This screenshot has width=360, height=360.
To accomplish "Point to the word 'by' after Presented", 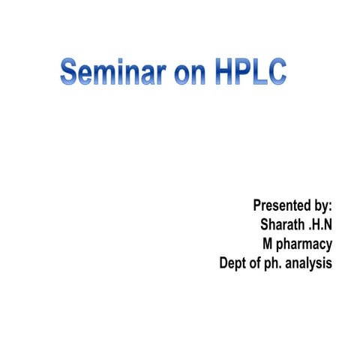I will tap(321, 205).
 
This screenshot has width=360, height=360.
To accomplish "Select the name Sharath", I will tap(282, 224).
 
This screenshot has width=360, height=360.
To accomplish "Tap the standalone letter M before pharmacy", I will tap(267, 244).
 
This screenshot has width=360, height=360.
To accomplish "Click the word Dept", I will tap(232, 263).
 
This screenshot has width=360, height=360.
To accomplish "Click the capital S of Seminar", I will tap(70, 73).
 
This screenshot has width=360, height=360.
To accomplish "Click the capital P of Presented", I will tap(257, 205).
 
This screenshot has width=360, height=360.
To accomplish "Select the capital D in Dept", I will tap(223, 263).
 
